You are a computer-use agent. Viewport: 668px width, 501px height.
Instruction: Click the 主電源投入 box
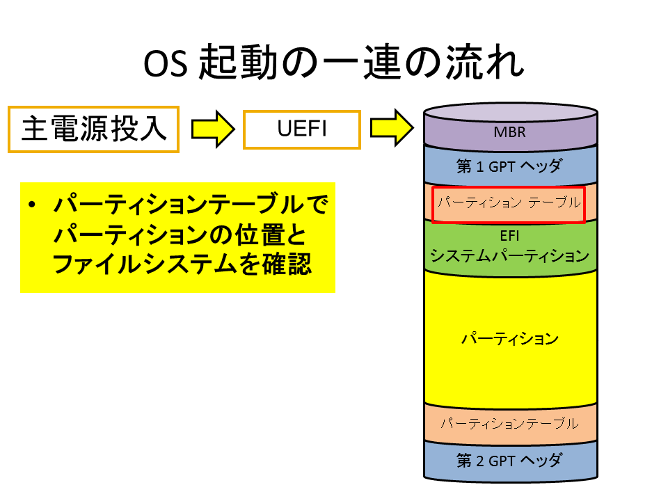coord(93,129)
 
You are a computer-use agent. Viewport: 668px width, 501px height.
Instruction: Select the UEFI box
coord(301,129)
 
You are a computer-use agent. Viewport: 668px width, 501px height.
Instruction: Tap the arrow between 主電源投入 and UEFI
coord(213,129)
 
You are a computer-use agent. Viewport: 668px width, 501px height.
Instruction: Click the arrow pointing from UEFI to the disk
coord(392,128)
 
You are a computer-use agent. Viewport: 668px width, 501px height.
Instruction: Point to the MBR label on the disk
coord(509,132)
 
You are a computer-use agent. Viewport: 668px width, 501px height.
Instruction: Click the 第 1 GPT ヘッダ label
coord(509,166)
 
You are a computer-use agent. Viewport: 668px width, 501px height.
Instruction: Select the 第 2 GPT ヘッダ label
coord(509,461)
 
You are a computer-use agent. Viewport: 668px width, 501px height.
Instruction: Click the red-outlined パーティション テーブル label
coord(509,202)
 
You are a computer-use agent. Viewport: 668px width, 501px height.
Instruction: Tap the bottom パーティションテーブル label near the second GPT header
coord(509,423)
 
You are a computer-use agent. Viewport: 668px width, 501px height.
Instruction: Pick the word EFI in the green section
coord(509,236)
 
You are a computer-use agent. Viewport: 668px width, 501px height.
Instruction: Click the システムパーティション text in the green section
coord(509,255)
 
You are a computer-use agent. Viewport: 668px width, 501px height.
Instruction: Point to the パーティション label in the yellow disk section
coord(510,339)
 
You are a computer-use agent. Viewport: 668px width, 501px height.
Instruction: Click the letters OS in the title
coord(166,64)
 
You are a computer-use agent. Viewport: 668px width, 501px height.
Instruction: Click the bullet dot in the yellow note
coord(31,205)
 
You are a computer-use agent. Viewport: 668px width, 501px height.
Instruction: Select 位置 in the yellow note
coord(261,234)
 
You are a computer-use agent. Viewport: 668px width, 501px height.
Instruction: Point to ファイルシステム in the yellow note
coord(145,264)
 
